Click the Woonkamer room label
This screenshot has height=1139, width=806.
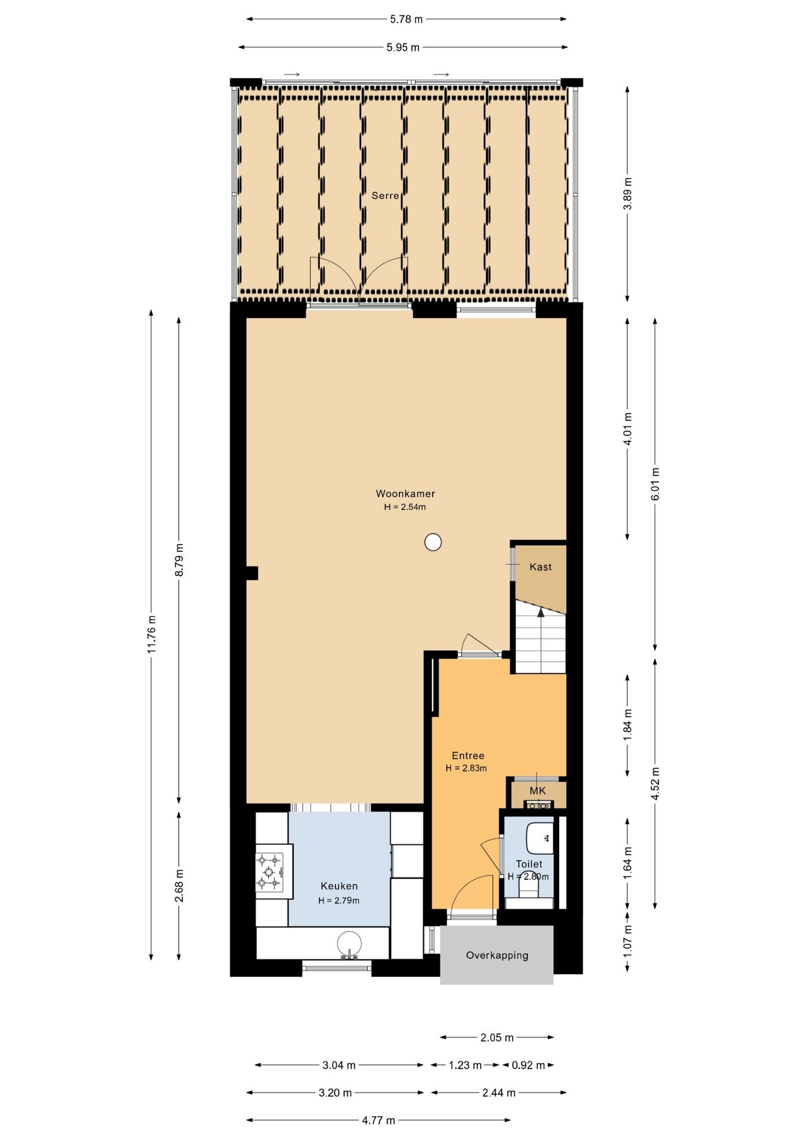405,494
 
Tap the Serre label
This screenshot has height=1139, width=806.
385,195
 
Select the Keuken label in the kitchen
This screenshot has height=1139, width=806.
339,886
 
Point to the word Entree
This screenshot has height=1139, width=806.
468,755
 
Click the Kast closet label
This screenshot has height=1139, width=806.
541,567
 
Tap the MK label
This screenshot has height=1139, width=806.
538,790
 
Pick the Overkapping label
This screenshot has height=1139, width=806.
497,955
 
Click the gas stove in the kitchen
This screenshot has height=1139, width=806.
269,872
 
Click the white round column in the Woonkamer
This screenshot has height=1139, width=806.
433,542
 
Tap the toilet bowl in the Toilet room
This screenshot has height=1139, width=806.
528,887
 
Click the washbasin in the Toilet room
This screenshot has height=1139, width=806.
540,838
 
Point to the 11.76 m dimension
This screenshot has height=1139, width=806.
151,634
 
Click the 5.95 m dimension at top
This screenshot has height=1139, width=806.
403,47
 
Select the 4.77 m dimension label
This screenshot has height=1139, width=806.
379,1120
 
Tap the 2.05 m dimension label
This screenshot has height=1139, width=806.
497,1037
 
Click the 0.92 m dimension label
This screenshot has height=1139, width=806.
528,1065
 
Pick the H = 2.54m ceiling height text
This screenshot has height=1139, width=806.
405,507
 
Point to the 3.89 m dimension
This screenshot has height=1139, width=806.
627,193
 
